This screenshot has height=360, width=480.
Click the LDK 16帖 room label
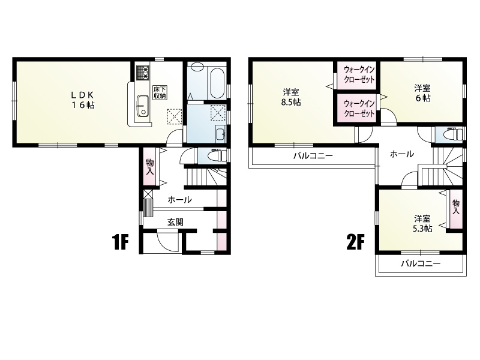click(x=83, y=100)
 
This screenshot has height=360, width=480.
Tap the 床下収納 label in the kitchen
click(x=160, y=92)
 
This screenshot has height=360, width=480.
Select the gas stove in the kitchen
click(x=142, y=73)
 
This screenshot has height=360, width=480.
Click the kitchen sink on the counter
click(x=142, y=106)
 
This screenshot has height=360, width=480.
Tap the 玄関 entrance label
click(x=175, y=222)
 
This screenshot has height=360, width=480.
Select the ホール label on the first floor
click(x=179, y=200)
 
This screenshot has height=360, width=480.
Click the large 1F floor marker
click(x=120, y=242)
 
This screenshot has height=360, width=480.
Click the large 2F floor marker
click(x=355, y=242)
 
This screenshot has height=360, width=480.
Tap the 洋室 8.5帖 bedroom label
click(x=291, y=97)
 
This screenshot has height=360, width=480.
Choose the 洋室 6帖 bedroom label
click(x=422, y=94)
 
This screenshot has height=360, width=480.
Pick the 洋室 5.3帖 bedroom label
click(x=422, y=223)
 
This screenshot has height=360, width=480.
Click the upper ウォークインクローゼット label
click(x=359, y=74)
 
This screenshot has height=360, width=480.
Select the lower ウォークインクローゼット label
click(x=359, y=109)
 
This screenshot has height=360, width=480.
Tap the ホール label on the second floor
click(x=402, y=154)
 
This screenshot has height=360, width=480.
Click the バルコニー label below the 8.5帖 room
click(x=313, y=156)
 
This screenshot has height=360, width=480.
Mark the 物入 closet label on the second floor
click(x=456, y=207)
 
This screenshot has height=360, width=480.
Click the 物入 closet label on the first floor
click(x=150, y=167)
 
